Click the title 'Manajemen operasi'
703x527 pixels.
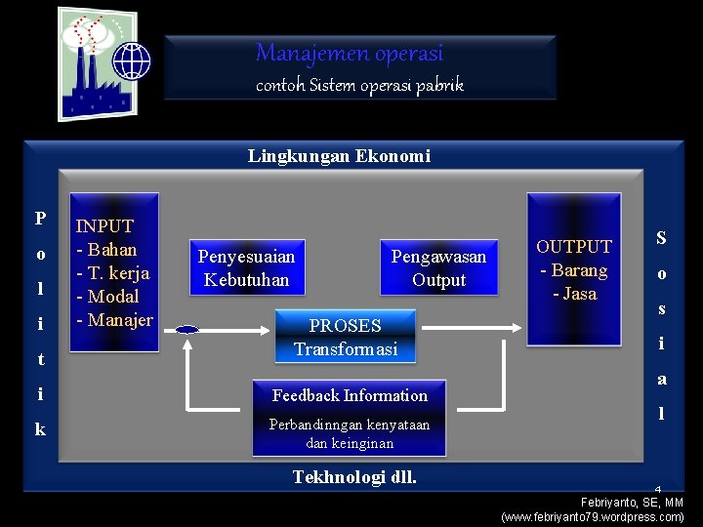[349, 53]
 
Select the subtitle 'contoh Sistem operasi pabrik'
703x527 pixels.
[359, 85]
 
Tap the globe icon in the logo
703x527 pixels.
[132, 61]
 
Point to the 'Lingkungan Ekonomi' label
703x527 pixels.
[339, 156]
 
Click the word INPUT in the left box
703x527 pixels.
[105, 226]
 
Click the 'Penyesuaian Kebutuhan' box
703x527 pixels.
[246, 268]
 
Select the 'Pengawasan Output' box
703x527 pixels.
[438, 268]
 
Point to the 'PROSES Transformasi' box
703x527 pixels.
[346, 337]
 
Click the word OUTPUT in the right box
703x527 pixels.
[574, 247]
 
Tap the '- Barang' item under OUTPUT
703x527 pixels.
[574, 270]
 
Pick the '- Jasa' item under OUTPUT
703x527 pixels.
[574, 294]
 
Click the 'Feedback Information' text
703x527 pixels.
[350, 395]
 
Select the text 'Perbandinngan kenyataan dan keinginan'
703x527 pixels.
[350, 434]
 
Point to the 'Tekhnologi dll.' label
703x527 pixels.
[354, 477]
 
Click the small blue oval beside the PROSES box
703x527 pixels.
[187, 330]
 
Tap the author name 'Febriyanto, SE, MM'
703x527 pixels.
[632, 502]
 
